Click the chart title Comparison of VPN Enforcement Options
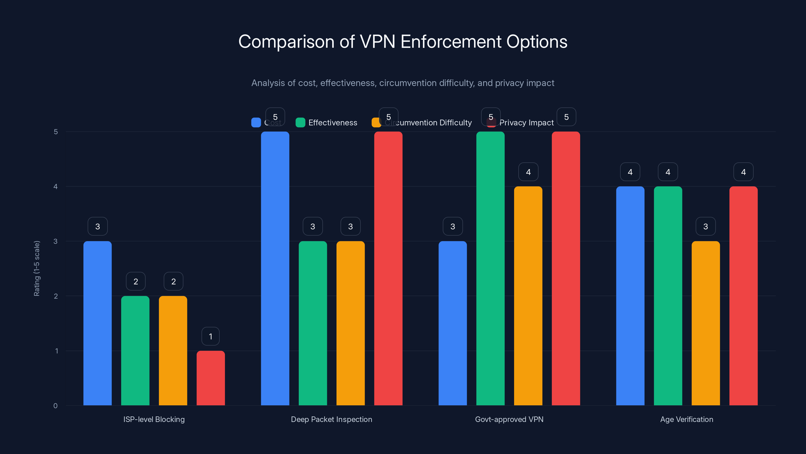[403, 42]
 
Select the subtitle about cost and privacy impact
[403, 83]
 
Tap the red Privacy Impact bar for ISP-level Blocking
[211, 378]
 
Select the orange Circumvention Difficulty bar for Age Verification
[706, 323]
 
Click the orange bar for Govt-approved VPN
[528, 296]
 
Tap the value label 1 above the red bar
[211, 336]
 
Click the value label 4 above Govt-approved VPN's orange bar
[528, 172]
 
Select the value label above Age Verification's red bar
[744, 172]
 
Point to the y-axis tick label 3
[56, 241]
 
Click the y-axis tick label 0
[56, 406]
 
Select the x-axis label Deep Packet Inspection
[331, 419]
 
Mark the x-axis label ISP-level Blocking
[154, 419]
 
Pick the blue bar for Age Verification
[630, 296]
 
